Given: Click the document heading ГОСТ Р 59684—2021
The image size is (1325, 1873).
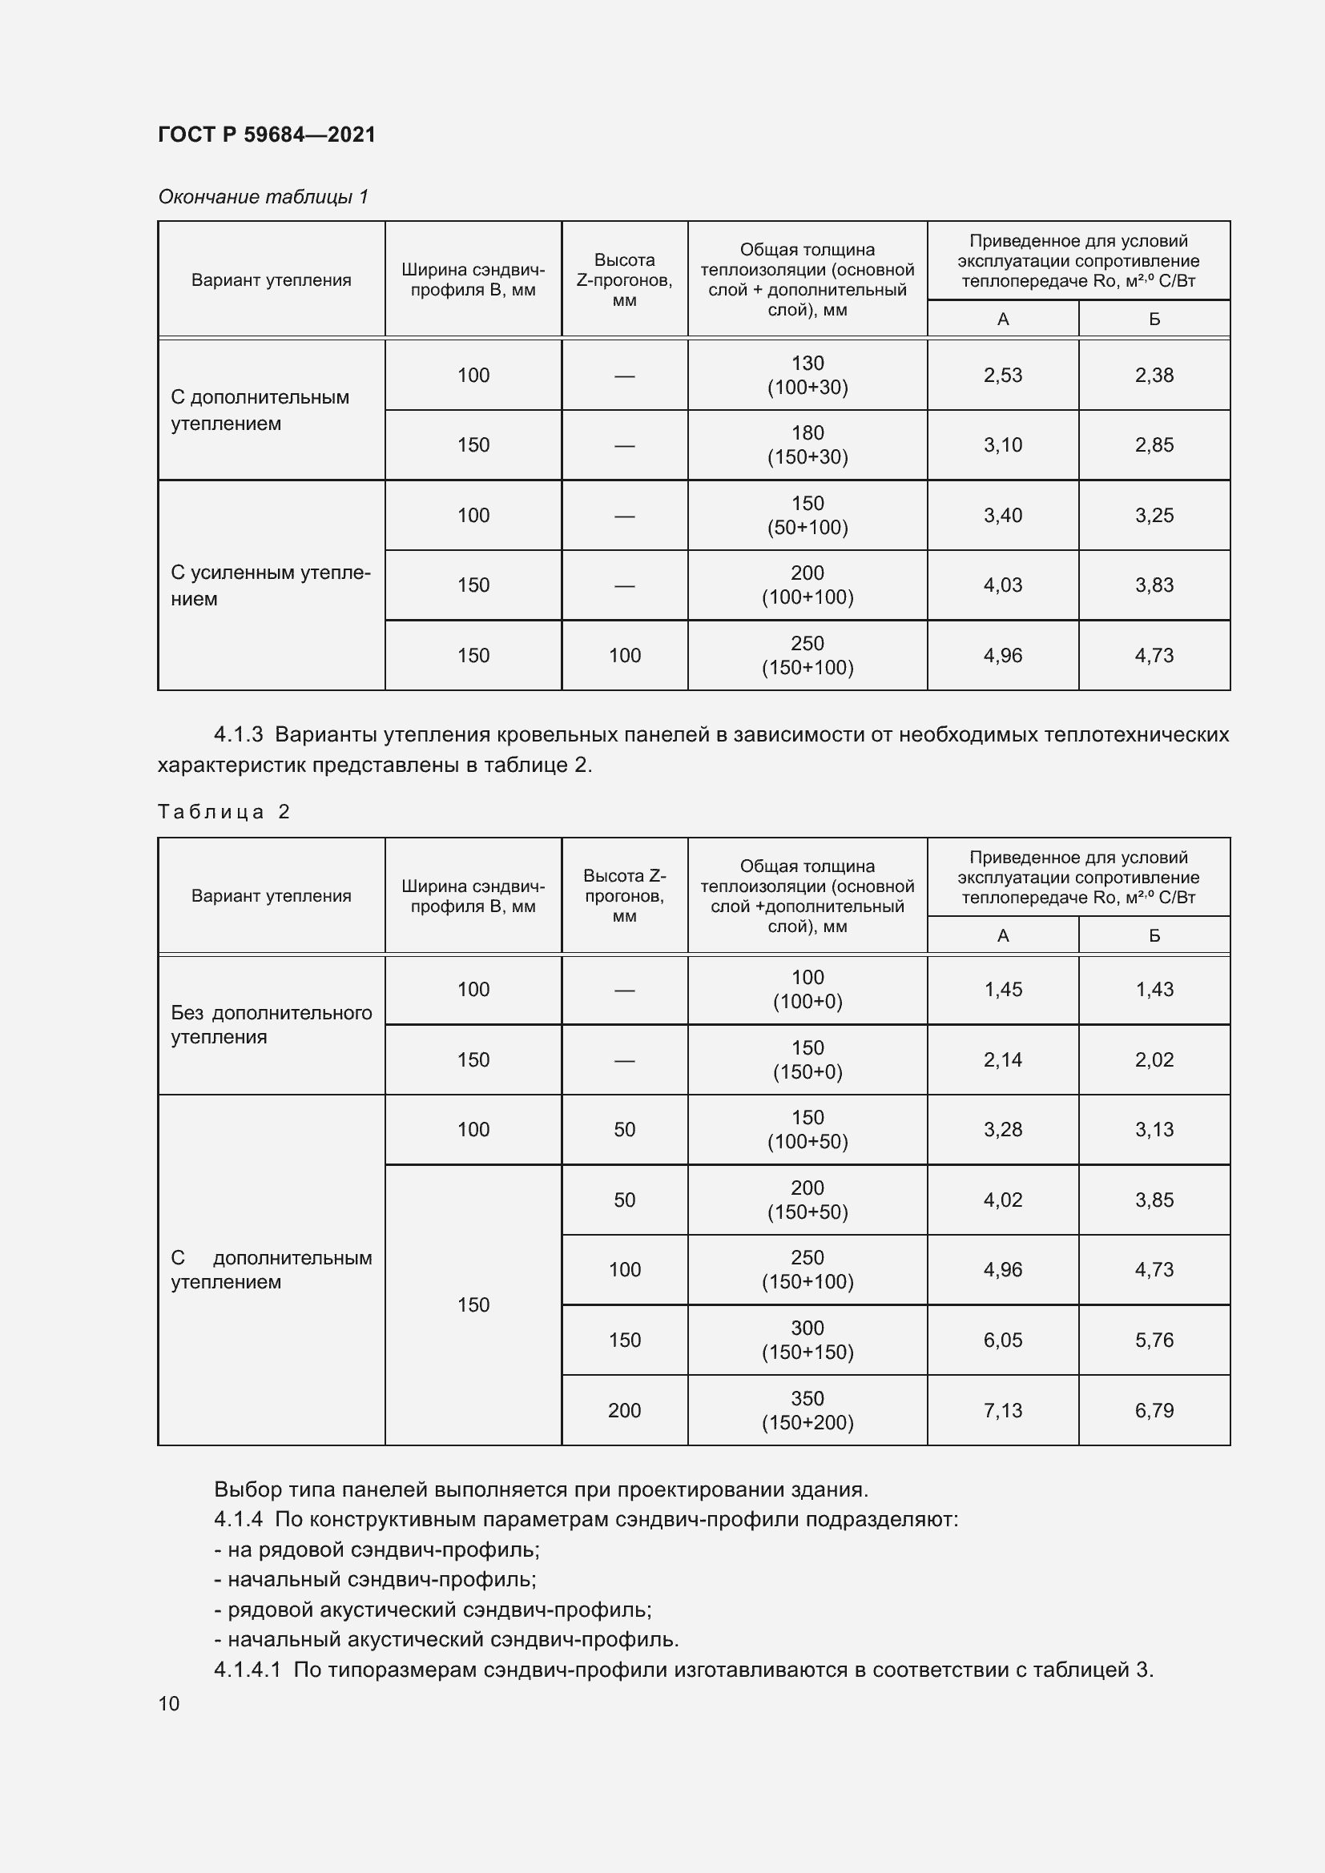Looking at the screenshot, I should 267,135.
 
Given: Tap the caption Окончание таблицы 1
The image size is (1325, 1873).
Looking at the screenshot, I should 263,197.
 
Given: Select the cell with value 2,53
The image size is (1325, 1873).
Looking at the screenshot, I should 1002,376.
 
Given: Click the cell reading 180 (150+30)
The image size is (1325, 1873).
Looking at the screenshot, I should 807,444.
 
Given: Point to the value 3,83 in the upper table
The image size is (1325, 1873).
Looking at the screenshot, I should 1154,585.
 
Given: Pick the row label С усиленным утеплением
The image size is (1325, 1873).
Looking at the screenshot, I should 270,585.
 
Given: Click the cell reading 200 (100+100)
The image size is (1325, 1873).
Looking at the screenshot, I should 807,585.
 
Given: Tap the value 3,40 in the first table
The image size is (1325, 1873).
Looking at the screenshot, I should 1002,516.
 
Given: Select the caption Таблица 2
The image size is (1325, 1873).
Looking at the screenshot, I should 224,812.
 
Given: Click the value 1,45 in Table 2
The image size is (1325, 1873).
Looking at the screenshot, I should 1002,990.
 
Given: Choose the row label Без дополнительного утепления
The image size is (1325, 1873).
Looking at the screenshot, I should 270,1025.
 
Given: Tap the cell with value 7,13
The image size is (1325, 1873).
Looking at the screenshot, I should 1002,1410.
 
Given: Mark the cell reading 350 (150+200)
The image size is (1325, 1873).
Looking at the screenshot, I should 807,1410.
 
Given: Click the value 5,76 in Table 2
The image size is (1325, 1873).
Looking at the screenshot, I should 1154,1340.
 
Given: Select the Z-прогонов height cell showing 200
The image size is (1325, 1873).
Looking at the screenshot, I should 624,1410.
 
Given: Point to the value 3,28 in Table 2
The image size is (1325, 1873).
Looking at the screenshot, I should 1002,1130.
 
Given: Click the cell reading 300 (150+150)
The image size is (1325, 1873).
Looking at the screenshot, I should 807,1340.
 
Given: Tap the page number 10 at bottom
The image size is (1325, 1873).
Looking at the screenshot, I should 169,1703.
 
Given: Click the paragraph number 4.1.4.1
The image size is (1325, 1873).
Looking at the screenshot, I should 248,1670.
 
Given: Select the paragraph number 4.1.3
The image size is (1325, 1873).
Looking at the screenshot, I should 238,735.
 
